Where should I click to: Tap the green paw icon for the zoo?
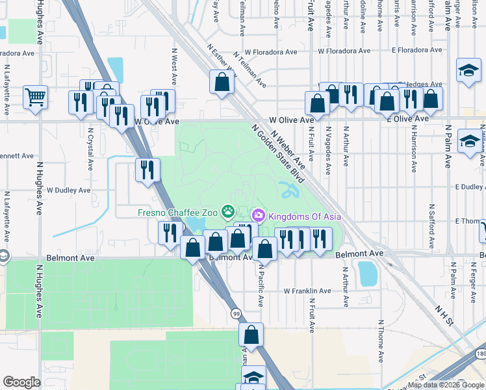pos(228,211)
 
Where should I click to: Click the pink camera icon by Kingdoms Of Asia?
pos(258,214)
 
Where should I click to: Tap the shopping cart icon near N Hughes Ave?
pos(35,97)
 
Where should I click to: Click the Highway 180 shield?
pos(480,371)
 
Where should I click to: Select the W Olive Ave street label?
pos(156,122)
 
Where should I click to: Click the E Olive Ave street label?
pos(407,119)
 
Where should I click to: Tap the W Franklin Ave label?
pos(308,291)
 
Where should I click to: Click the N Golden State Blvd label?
pos(277,154)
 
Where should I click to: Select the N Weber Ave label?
pos(288,150)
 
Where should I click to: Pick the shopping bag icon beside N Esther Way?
pos(222,82)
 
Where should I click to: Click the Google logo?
pos(21,382)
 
